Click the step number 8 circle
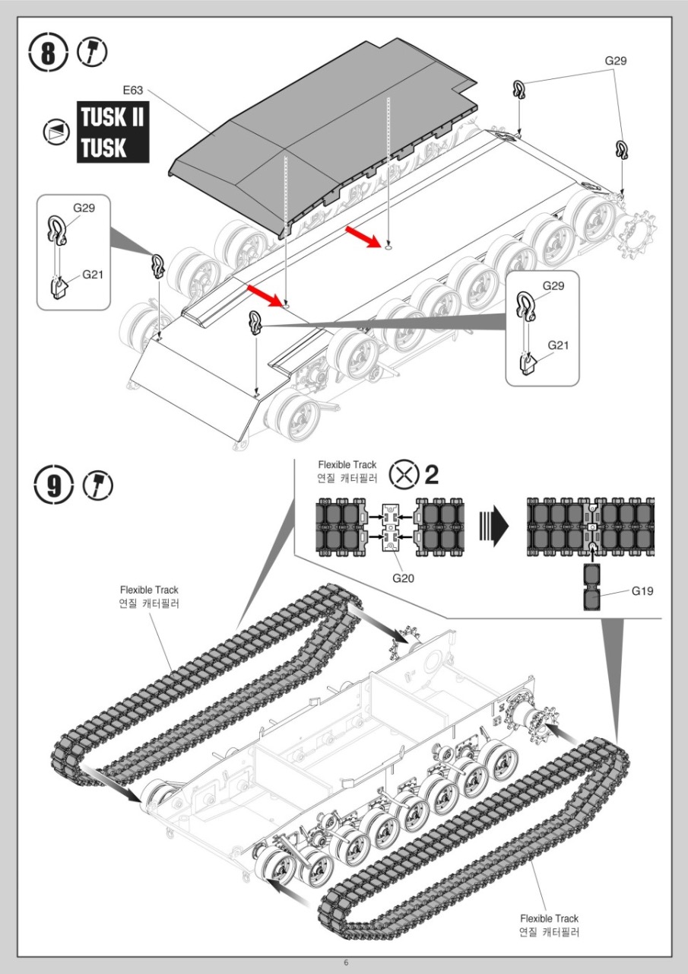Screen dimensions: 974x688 pos(49,54)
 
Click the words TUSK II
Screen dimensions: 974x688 pos(113,119)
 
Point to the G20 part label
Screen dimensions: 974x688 pos(403,578)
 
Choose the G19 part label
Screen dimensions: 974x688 pos(642,590)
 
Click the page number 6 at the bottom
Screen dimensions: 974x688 pos(346,963)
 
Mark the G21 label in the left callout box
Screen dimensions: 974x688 pos(92,275)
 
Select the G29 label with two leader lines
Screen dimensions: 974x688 pos(616,61)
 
